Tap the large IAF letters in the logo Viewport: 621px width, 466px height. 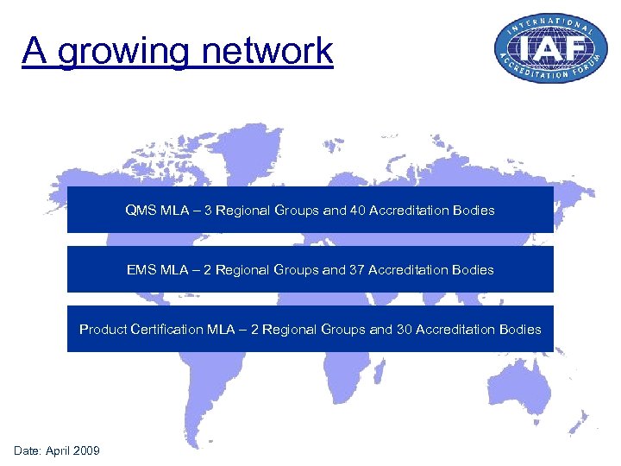click(x=544, y=48)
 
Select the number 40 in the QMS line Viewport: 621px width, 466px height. click(x=358, y=210)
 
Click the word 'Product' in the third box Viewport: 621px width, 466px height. click(x=103, y=330)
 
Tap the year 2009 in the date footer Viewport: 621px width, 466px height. click(x=86, y=450)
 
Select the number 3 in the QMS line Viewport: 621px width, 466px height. click(x=208, y=210)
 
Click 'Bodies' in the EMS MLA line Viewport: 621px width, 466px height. click(x=474, y=270)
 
